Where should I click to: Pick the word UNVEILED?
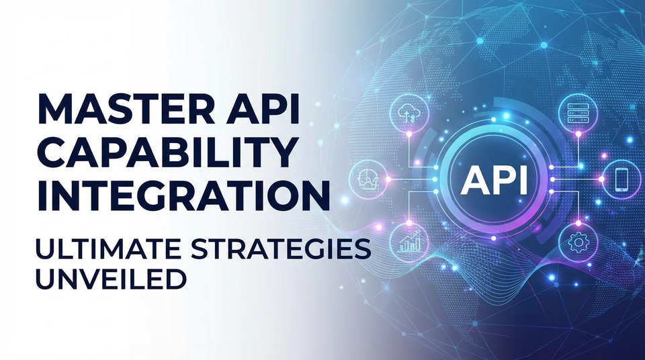pos(109,278)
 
